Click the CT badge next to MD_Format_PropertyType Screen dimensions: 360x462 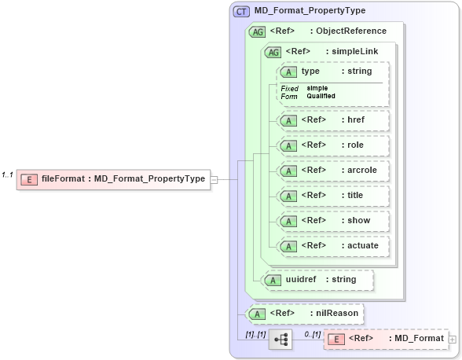click(242, 11)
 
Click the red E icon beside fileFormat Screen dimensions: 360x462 click(29, 179)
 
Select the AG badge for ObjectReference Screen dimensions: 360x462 click(258, 31)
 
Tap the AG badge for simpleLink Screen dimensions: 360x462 click(273, 52)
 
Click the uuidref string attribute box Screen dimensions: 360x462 click(318, 279)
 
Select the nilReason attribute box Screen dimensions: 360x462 click(306, 314)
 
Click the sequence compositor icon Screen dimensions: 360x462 click(280, 340)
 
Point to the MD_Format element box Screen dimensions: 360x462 click(385, 339)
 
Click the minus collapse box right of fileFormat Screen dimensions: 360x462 click(214, 179)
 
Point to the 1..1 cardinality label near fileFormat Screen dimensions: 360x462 click(8, 174)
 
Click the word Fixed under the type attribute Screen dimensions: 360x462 click(289, 88)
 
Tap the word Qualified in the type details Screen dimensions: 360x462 click(321, 96)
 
